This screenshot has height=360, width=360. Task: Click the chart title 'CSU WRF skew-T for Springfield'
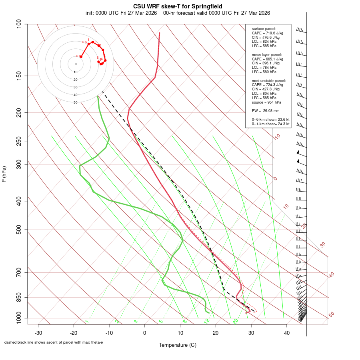[178, 6]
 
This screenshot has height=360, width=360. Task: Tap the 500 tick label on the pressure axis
[20, 230]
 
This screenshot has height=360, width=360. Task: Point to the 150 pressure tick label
[20, 76]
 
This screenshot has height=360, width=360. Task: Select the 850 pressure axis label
[20, 297]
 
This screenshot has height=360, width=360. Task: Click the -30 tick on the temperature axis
[38, 332]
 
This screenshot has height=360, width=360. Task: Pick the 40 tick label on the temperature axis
[287, 332]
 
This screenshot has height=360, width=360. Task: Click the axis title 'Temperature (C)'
[178, 345]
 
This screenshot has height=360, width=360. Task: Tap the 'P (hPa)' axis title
[4, 174]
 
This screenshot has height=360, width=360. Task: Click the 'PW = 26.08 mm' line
[266, 111]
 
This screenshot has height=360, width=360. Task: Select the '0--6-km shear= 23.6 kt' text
[270, 120]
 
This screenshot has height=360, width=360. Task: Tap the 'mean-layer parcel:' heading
[267, 54]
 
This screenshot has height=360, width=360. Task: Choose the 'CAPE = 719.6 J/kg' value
[268, 33]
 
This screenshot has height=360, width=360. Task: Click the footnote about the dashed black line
[54, 342]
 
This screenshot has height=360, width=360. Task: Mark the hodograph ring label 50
[76, 102]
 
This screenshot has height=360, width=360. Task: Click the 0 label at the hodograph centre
[76, 64]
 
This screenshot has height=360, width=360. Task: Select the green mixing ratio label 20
[236, 321]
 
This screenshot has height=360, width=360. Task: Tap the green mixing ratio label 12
[207, 321]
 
